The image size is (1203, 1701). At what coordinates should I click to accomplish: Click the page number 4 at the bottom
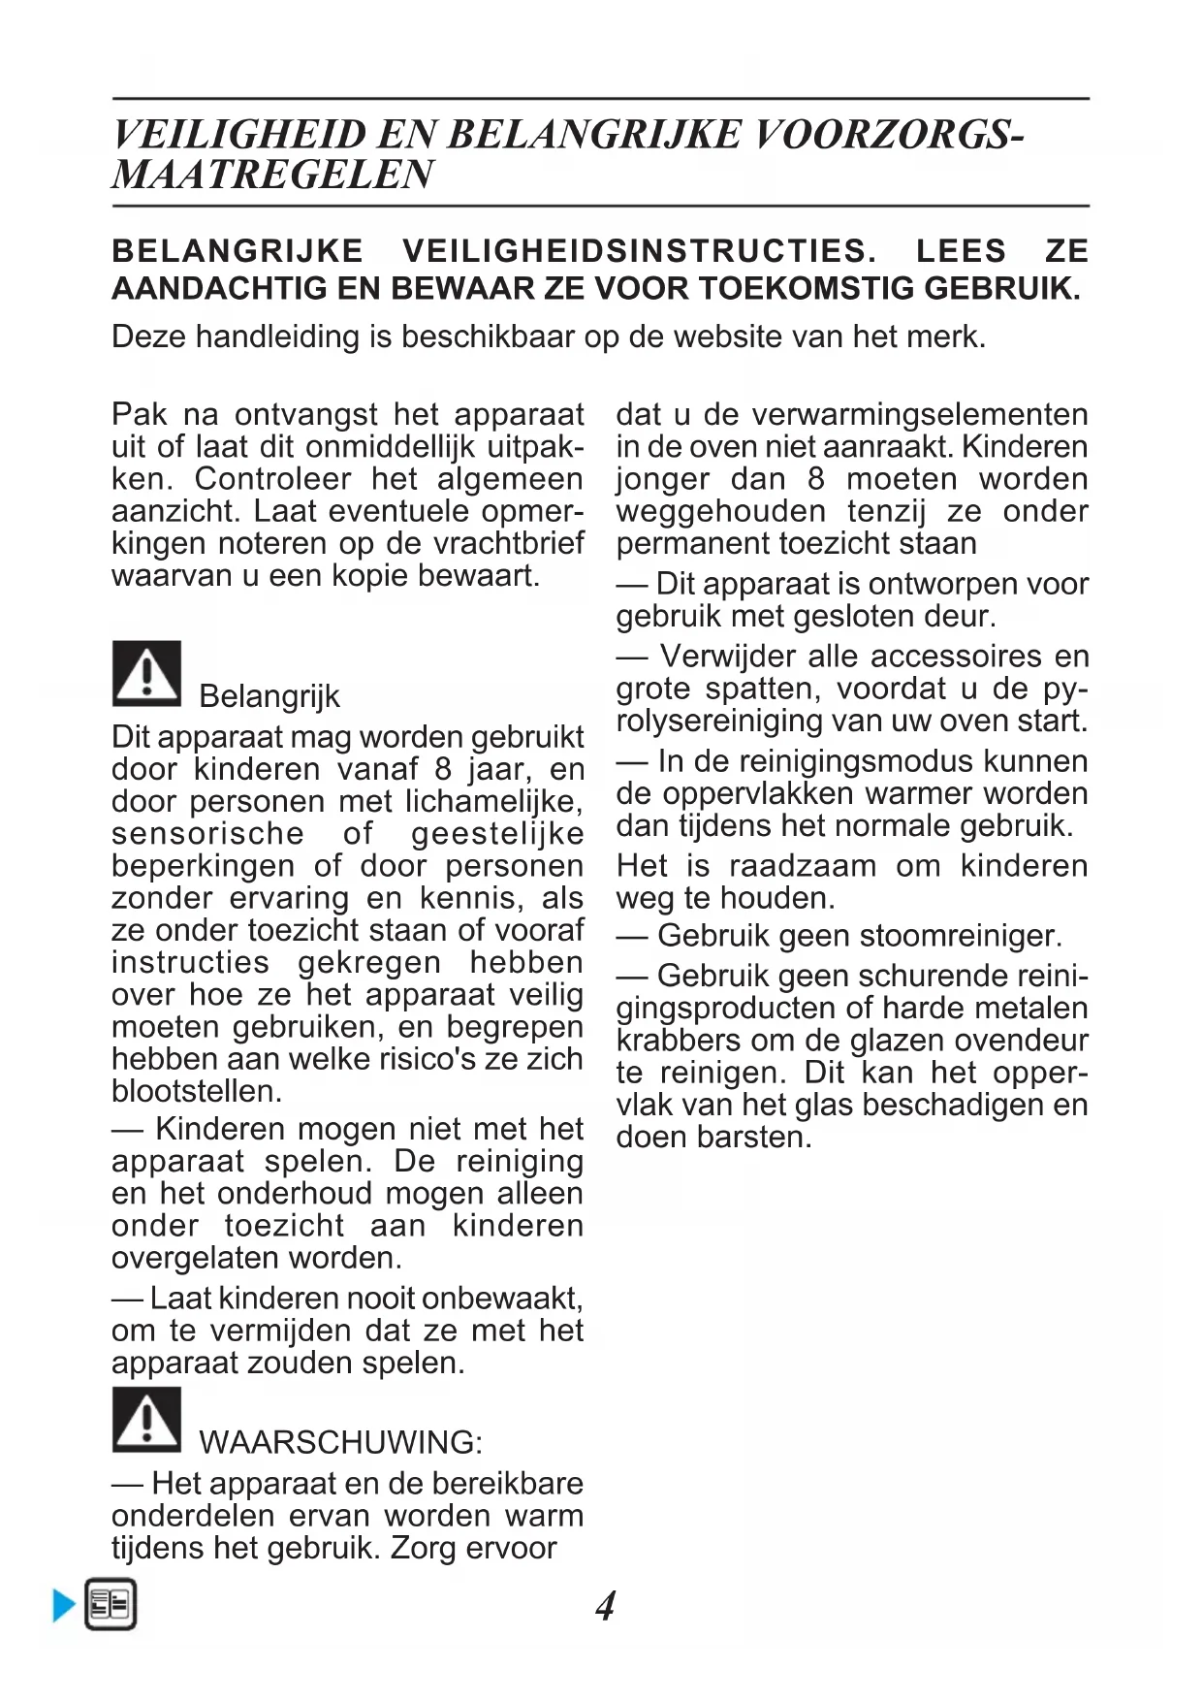coord(605,1607)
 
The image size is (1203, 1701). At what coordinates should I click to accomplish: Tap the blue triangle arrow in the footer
coord(64,1605)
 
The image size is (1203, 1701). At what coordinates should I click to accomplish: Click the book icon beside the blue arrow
coord(111,1605)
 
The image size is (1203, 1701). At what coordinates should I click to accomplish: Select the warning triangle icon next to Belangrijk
coord(146,673)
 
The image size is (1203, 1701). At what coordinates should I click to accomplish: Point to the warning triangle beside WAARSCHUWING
coord(146,1420)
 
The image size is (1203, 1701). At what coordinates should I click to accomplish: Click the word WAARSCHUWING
coord(340,1442)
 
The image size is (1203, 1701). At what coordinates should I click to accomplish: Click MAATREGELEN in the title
coord(272,176)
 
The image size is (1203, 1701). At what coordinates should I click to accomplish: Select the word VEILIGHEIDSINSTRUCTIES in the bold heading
coord(640,251)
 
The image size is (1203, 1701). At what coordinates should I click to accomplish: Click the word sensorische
coord(207,834)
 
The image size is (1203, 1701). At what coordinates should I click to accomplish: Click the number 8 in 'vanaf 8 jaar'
coord(442,770)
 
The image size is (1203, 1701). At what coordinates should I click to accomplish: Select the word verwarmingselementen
coord(919,415)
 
